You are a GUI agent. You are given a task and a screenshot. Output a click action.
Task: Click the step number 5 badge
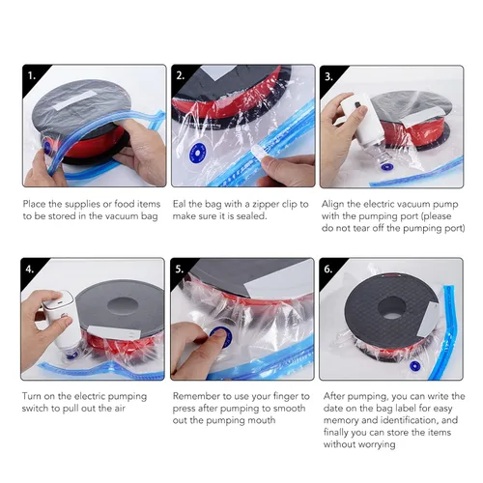182,269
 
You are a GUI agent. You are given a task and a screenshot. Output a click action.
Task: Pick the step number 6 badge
330,269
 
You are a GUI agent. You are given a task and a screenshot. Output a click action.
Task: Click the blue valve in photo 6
416,368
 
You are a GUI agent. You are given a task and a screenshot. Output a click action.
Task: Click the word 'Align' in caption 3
337,204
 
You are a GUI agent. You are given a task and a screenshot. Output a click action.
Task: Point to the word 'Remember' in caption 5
198,396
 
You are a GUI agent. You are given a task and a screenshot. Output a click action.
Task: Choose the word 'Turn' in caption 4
33,396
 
